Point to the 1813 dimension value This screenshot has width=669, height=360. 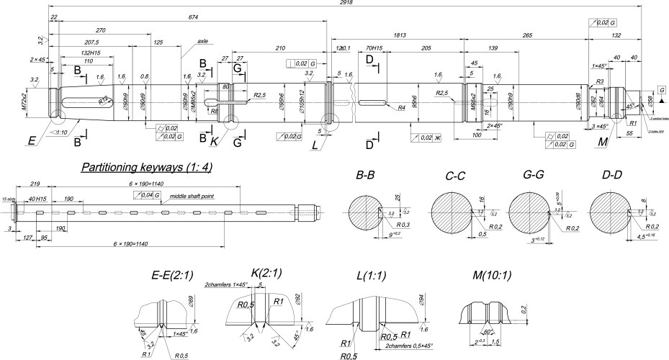[413, 34]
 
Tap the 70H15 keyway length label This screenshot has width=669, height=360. [373, 48]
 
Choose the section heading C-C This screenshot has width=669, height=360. [460, 175]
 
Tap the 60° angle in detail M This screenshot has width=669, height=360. [486, 333]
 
